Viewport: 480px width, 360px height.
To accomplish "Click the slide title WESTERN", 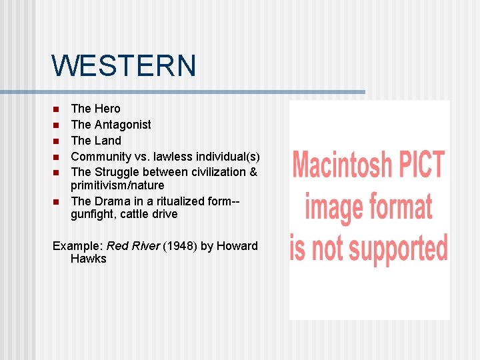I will click(124, 66).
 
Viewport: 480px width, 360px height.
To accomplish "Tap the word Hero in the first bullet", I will click(107, 109).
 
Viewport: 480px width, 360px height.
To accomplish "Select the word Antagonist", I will click(123, 125).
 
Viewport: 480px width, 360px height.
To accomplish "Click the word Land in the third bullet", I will click(108, 141).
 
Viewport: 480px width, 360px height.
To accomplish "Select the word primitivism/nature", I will click(117, 185).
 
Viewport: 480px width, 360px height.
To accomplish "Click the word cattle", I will click(141, 215).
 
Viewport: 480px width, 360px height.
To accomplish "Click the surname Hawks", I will click(89, 259).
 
